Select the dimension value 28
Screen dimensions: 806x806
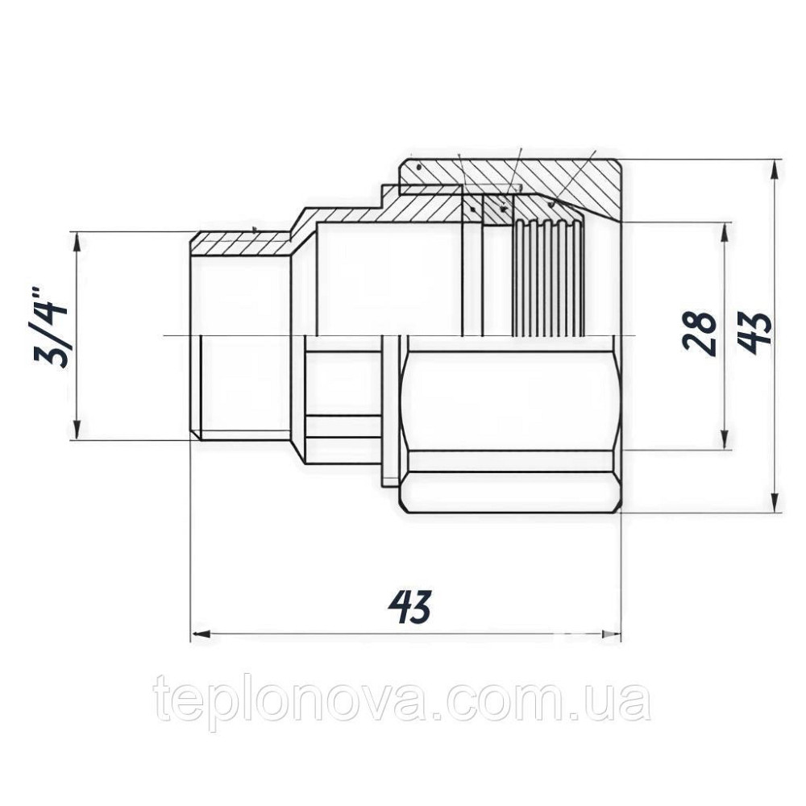[698, 333]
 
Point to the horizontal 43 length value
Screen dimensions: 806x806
[409, 606]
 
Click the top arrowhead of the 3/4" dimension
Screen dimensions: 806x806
[77, 239]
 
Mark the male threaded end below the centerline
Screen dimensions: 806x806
[242, 387]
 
